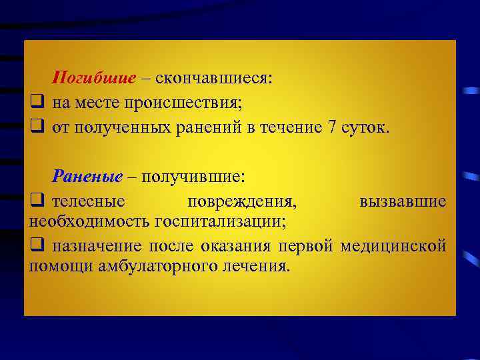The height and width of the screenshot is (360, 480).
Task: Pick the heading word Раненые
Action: (88, 176)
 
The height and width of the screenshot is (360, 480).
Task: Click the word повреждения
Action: (242, 201)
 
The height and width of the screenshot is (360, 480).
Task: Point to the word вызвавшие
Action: (403, 201)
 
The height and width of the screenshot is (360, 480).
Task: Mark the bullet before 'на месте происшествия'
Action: (37, 103)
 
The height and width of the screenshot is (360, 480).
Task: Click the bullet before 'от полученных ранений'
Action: (37, 127)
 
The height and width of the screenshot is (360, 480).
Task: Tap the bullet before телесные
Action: (37, 200)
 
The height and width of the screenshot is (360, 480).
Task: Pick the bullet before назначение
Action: (37, 245)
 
